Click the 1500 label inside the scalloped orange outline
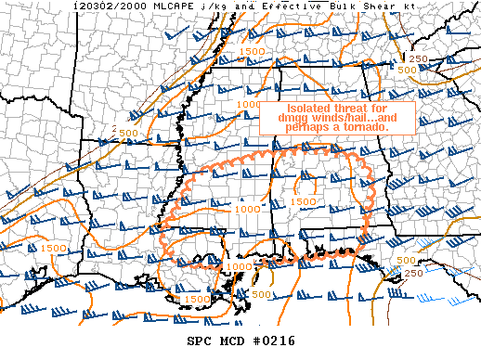(x=303, y=201)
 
